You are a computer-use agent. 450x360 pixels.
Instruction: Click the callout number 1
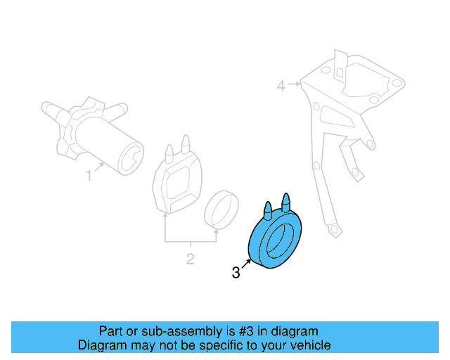(x=89, y=176)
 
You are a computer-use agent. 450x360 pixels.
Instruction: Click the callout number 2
(x=190, y=259)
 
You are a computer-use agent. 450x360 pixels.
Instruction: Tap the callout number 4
(x=281, y=86)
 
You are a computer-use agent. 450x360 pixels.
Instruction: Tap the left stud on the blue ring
(x=268, y=210)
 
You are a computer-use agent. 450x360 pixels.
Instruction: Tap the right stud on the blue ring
(x=285, y=202)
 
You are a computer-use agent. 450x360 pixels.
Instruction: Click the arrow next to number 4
(x=294, y=85)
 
